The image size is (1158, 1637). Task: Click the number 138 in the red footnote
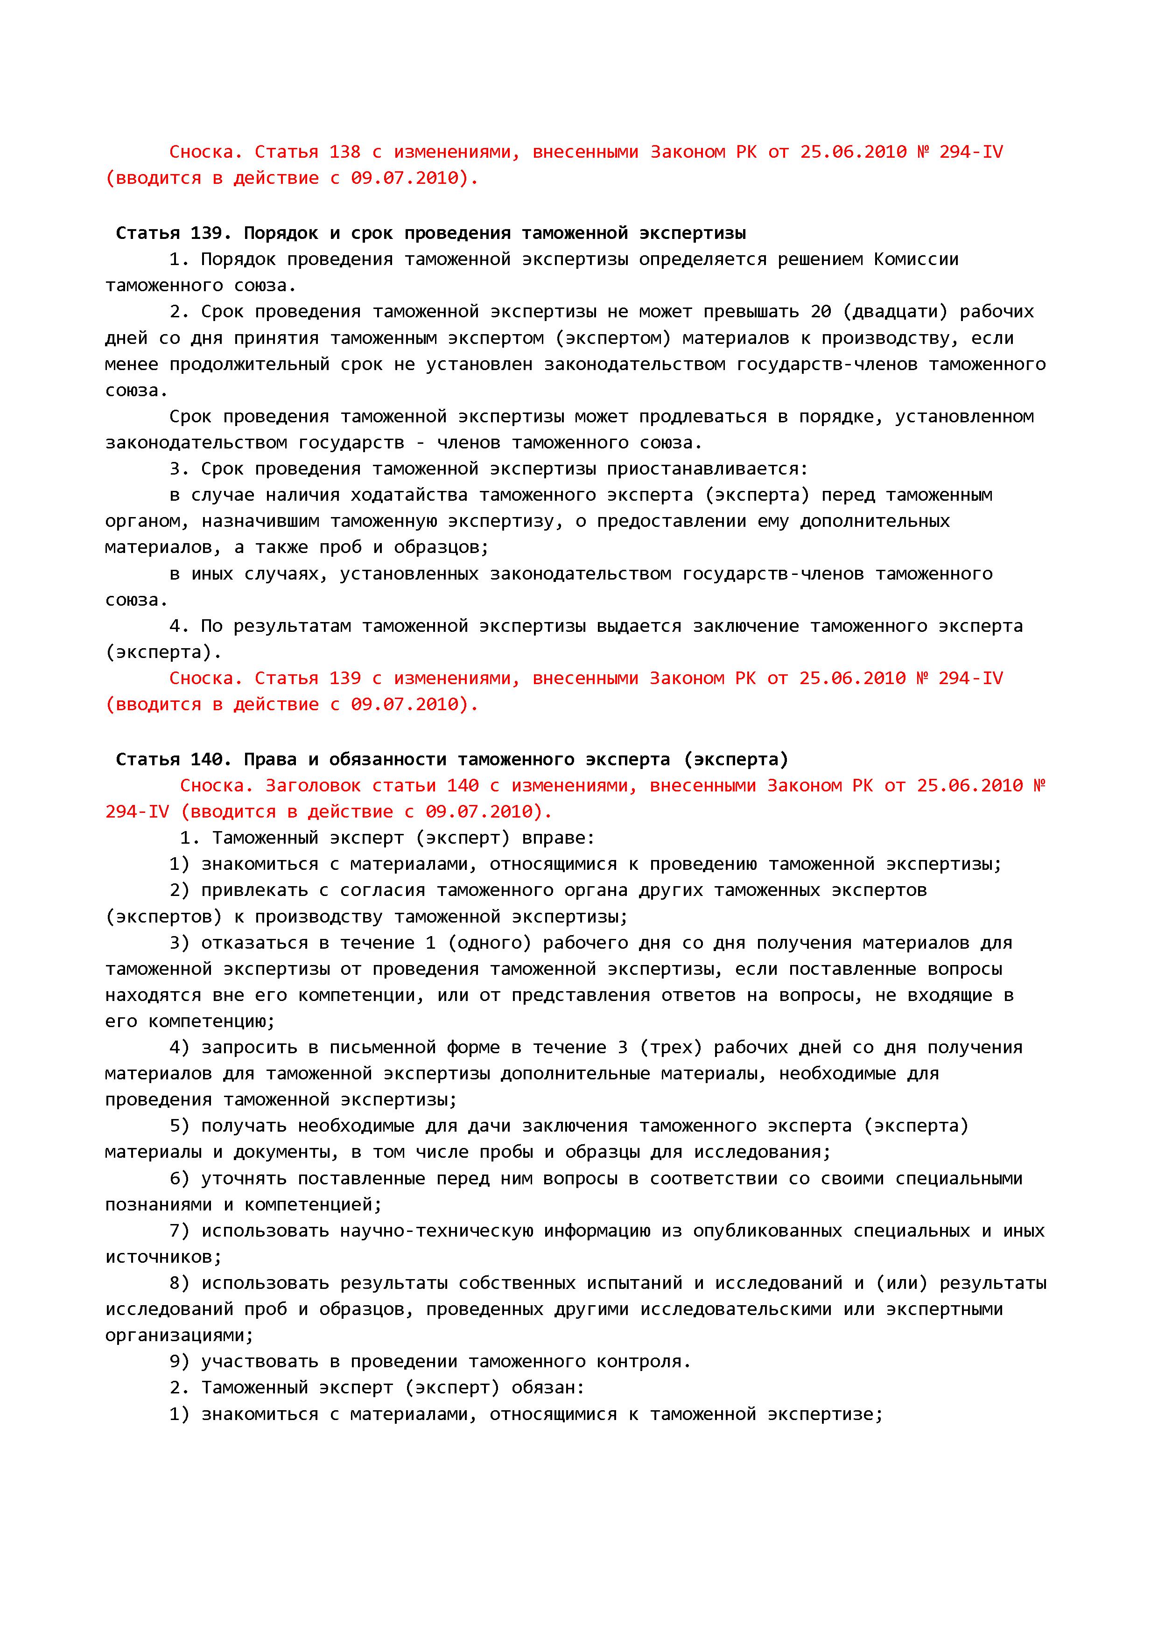click(x=344, y=152)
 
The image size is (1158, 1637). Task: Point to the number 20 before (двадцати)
click(x=821, y=312)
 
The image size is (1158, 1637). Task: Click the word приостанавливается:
click(x=707, y=469)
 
